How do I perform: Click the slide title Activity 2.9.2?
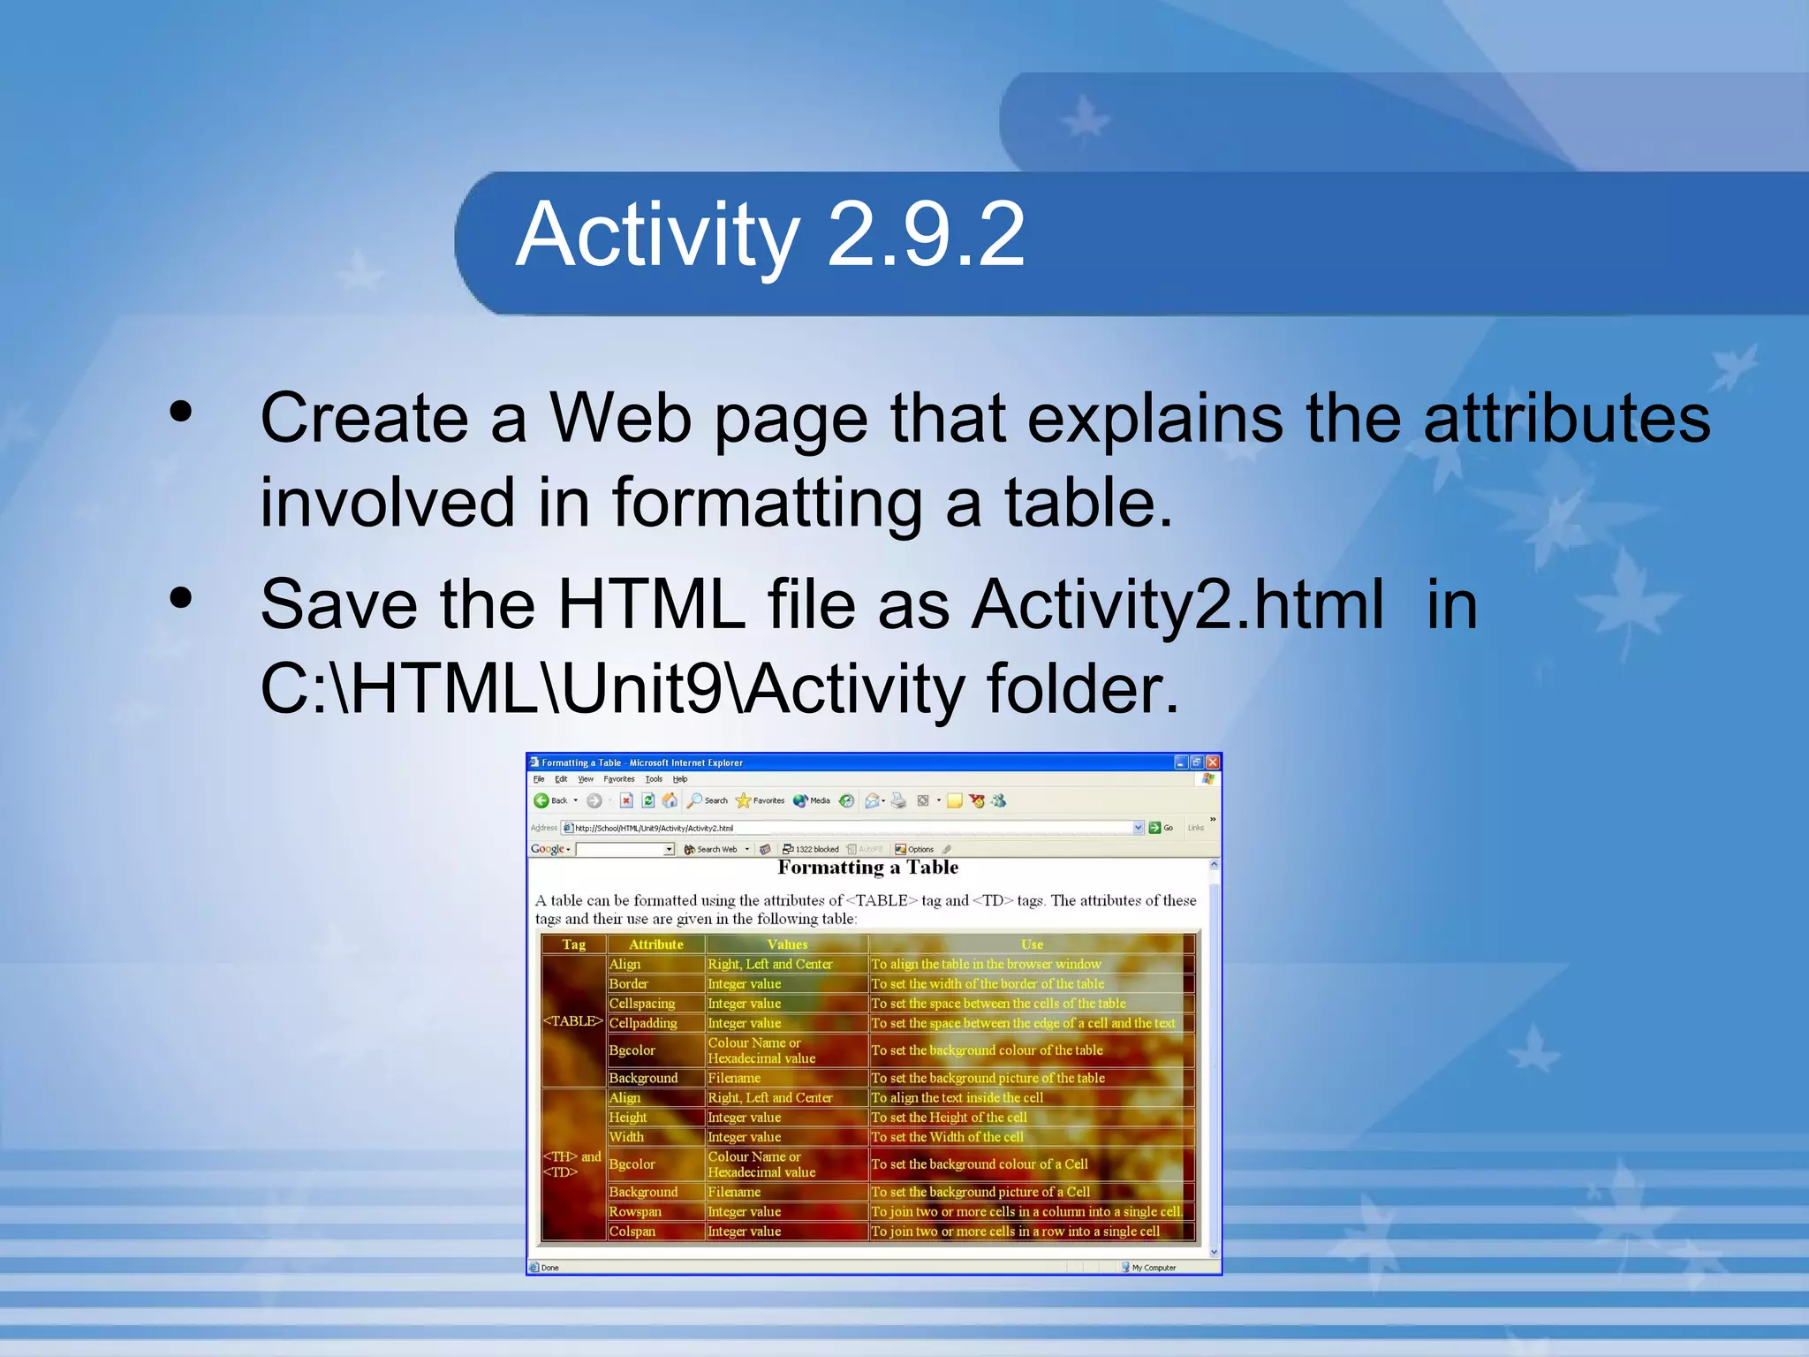pyautogui.click(x=769, y=235)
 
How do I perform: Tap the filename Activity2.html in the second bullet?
pyautogui.click(x=1177, y=604)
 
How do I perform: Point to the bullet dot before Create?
pyautogui.click(x=181, y=412)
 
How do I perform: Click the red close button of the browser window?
pyautogui.click(x=1213, y=762)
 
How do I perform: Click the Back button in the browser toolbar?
pyautogui.click(x=551, y=800)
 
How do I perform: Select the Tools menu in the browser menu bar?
pyautogui.click(x=654, y=779)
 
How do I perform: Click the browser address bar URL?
pyautogui.click(x=654, y=828)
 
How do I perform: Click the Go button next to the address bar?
pyautogui.click(x=1161, y=828)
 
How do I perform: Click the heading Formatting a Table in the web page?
pyautogui.click(x=867, y=868)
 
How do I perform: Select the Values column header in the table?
pyautogui.click(x=787, y=944)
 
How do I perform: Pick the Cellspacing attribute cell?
pyautogui.click(x=642, y=1004)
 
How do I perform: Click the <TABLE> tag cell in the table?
pyautogui.click(x=573, y=1021)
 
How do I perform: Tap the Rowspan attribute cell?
pyautogui.click(x=635, y=1211)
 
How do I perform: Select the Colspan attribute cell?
pyautogui.click(x=632, y=1232)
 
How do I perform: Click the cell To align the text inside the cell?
pyautogui.click(x=957, y=1098)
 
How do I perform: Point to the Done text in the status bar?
pyautogui.click(x=549, y=1268)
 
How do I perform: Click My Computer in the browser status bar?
pyautogui.click(x=1153, y=1268)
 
